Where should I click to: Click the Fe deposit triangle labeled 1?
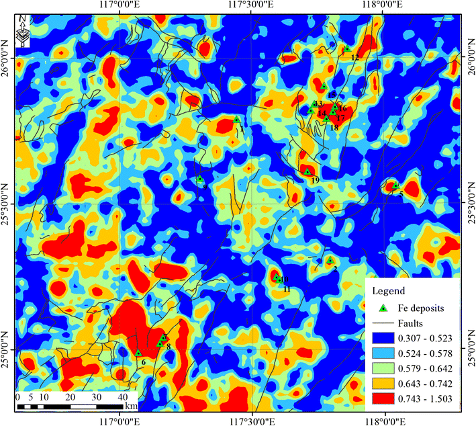tap(237, 120)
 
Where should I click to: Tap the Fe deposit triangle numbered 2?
tap(330, 261)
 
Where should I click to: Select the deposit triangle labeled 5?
tap(395, 185)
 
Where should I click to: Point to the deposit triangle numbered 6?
tap(138, 353)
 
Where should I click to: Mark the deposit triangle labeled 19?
tap(307, 171)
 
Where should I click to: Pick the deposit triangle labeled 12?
tap(347, 49)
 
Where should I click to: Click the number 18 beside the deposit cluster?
tap(334, 128)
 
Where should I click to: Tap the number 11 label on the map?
tap(287, 289)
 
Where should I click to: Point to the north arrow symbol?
tap(23, 32)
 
